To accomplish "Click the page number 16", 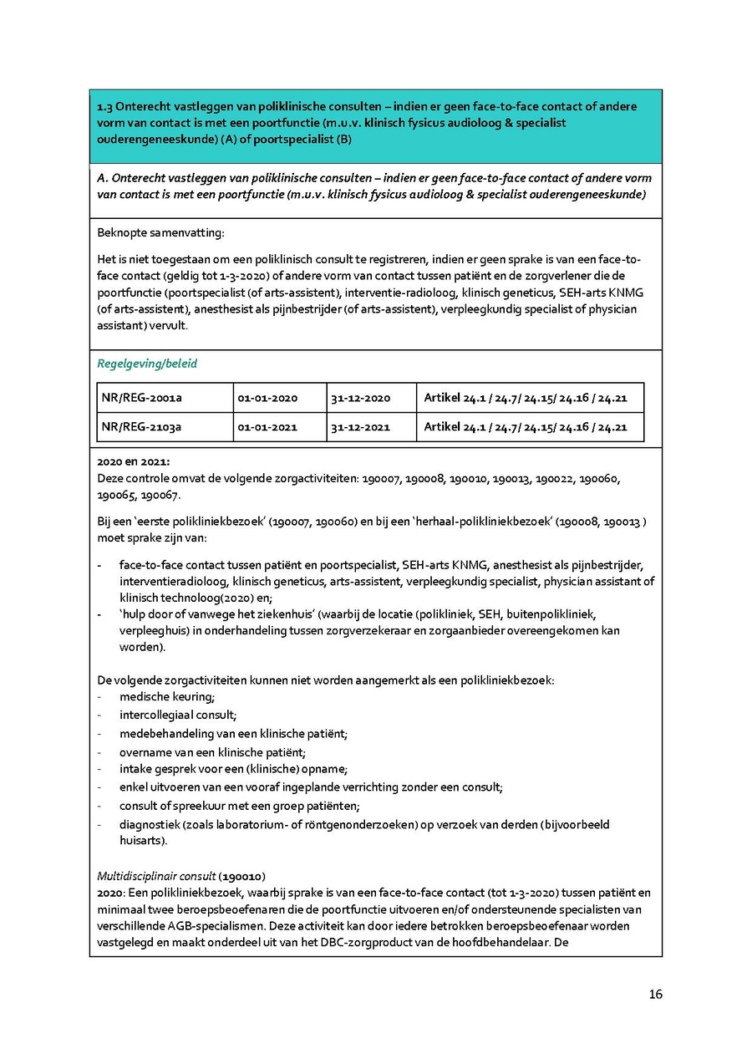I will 655,995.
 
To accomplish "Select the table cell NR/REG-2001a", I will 141,398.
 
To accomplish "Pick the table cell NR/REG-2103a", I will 141,427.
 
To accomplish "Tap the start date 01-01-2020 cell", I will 267,398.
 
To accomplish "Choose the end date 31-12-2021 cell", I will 360,427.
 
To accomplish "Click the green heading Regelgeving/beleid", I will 147,364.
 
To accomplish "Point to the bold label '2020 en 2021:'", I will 133,461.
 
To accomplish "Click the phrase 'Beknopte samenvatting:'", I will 161,232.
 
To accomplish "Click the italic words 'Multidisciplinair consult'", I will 156,876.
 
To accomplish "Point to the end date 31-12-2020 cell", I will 360,398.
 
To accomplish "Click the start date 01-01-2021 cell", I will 267,427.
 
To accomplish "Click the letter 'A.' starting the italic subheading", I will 104,178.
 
